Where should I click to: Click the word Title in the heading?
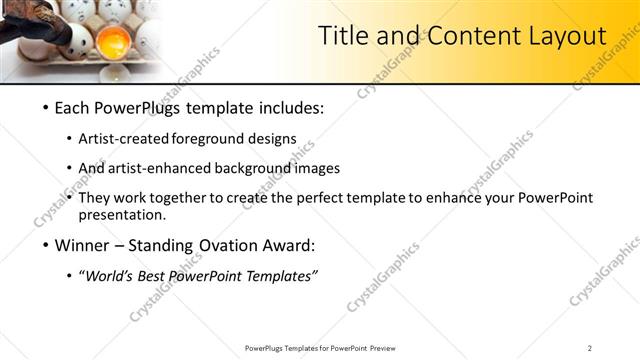click(x=343, y=36)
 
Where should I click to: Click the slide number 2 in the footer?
click(x=590, y=348)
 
